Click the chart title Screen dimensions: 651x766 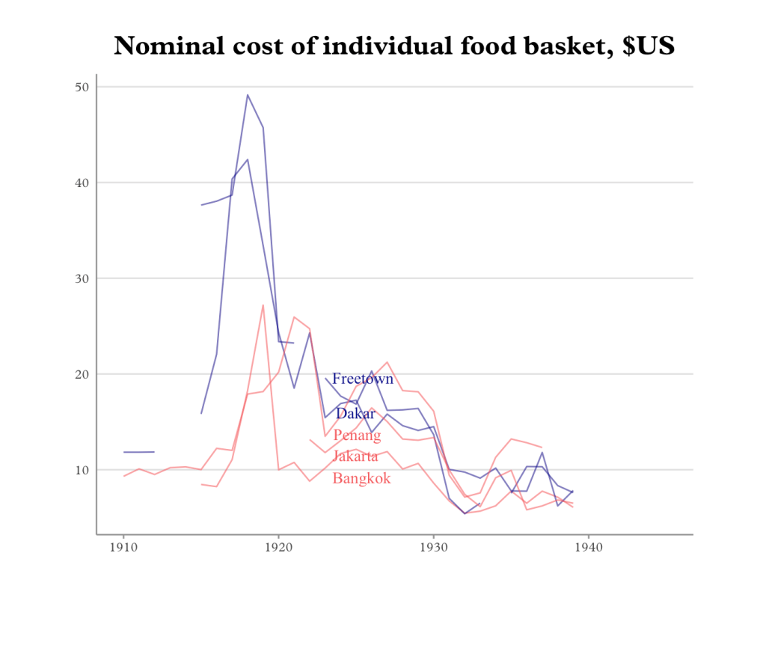[x=394, y=46]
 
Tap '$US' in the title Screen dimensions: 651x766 [x=648, y=46]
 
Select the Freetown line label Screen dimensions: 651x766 [x=363, y=379]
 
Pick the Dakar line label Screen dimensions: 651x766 [x=355, y=413]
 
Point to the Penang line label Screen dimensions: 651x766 [x=357, y=435]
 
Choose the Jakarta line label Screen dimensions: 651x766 [x=355, y=456]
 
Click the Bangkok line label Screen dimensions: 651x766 [x=361, y=478]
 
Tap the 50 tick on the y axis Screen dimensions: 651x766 [x=82, y=87]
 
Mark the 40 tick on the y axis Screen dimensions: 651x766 [x=82, y=183]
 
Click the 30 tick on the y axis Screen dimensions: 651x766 [x=82, y=278]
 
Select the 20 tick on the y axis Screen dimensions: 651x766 [x=82, y=374]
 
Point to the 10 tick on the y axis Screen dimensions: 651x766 [x=82, y=470]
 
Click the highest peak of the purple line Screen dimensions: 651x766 [x=248, y=95]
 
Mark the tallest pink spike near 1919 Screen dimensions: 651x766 [x=263, y=305]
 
